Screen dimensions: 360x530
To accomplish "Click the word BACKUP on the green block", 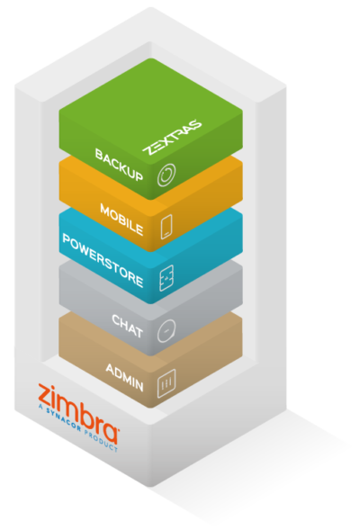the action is click(x=119, y=165).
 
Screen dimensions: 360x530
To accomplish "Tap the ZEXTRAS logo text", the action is click(x=172, y=137).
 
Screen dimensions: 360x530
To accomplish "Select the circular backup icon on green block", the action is click(x=166, y=175).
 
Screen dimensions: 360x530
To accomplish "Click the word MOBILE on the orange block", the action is click(x=121, y=220).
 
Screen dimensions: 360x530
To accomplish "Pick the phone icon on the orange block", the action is click(x=166, y=227).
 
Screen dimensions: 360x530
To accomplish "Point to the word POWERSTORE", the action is click(x=103, y=260).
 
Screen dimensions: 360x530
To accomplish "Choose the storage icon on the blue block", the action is click(x=166, y=278).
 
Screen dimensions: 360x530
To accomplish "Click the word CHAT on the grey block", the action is click(x=127, y=326).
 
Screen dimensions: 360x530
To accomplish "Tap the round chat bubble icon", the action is click(x=166, y=330).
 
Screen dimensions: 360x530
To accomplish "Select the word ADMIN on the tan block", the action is click(x=124, y=377).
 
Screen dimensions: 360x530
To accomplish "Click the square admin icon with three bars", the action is click(x=166, y=383).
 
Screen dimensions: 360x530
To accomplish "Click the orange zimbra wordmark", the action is click(x=78, y=413).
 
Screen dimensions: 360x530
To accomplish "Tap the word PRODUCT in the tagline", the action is click(x=101, y=442).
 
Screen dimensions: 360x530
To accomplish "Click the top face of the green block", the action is click(x=151, y=103).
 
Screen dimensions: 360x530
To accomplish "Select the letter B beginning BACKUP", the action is click(x=99, y=155).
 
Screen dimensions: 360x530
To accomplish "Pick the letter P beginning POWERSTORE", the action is click(x=67, y=239).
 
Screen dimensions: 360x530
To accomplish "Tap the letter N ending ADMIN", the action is click(x=139, y=386).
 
